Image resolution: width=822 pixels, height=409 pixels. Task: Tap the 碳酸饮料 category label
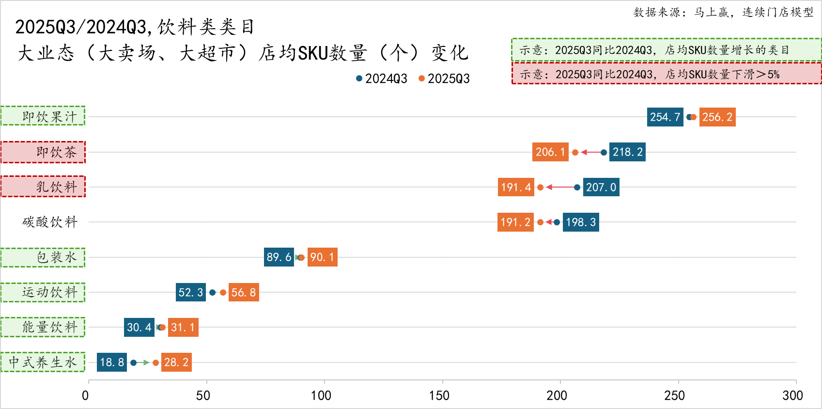pyautogui.click(x=50, y=222)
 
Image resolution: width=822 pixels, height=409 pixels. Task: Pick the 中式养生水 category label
pyautogui.click(x=43, y=362)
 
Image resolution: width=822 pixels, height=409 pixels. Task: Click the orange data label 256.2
pyautogui.click(x=717, y=117)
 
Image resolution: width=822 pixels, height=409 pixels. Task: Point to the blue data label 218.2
pyautogui.click(x=627, y=152)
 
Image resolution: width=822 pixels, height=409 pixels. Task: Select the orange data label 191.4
pyautogui.click(x=516, y=187)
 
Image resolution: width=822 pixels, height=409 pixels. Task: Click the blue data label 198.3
pyautogui.click(x=581, y=222)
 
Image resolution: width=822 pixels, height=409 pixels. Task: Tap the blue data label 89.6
pyautogui.click(x=279, y=257)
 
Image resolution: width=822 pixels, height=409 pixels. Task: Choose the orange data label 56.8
pyautogui.click(x=244, y=292)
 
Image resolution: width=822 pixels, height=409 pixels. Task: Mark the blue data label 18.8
pyautogui.click(x=112, y=362)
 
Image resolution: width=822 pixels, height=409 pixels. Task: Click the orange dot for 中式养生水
pyautogui.click(x=155, y=362)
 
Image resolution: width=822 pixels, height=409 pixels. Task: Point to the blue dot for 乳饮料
pyautogui.click(x=577, y=187)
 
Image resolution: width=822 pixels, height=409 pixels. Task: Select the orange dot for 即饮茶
pyautogui.click(x=575, y=152)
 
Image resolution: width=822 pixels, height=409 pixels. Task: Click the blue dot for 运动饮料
pyautogui.click(x=212, y=292)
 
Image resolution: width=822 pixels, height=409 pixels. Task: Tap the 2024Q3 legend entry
pyautogui.click(x=382, y=79)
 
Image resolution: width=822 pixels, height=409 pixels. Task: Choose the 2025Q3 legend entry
pyautogui.click(x=444, y=79)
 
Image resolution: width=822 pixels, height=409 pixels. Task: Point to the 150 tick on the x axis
pyautogui.click(x=439, y=395)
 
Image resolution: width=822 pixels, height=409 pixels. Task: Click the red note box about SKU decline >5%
pyautogui.click(x=666, y=74)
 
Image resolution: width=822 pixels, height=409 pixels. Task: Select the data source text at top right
pyautogui.click(x=723, y=12)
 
